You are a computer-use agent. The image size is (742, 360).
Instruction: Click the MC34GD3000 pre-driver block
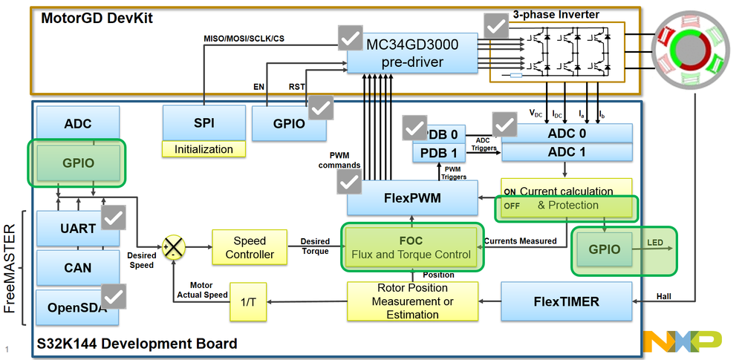tap(412, 53)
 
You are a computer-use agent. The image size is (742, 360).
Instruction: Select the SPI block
tap(204, 122)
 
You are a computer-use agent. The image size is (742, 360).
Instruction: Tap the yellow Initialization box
tap(204, 149)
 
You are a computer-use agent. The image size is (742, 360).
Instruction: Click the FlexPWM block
tap(412, 197)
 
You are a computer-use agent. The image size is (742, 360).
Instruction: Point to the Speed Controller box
tap(249, 248)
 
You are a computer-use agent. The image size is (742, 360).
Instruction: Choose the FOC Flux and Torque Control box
tap(411, 248)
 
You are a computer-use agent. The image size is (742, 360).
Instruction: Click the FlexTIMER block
tap(567, 301)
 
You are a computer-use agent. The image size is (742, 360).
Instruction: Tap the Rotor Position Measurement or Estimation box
tap(412, 301)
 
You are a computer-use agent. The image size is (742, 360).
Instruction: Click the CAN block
tap(77, 268)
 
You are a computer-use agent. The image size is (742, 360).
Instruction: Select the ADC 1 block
tap(567, 152)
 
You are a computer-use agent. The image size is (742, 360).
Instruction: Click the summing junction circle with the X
tap(173, 246)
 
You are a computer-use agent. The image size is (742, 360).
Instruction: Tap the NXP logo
tap(683, 340)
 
